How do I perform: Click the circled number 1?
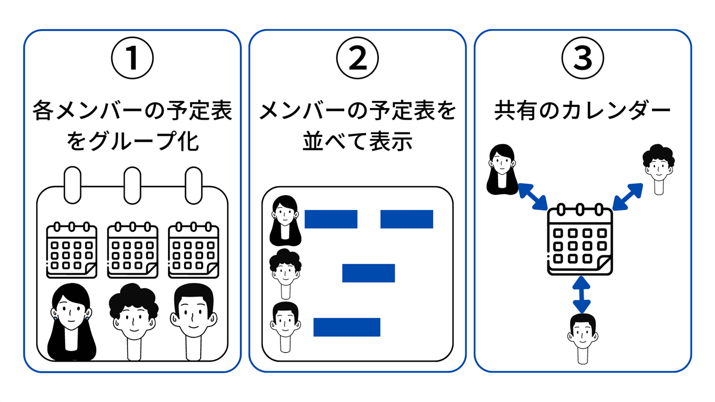click(x=132, y=58)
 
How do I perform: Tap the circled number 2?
click(x=358, y=58)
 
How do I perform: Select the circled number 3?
click(x=583, y=58)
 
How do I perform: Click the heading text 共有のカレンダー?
click(x=583, y=111)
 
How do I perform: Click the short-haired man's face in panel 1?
click(x=194, y=316)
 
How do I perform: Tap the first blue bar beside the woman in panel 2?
click(x=330, y=219)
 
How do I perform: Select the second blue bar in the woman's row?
click(x=406, y=219)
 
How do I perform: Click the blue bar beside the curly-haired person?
click(x=368, y=273)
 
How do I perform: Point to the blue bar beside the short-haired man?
click(x=346, y=327)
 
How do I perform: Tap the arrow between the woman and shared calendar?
click(x=533, y=196)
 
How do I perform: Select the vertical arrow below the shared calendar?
click(x=581, y=295)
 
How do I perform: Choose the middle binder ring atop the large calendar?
click(x=132, y=185)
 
